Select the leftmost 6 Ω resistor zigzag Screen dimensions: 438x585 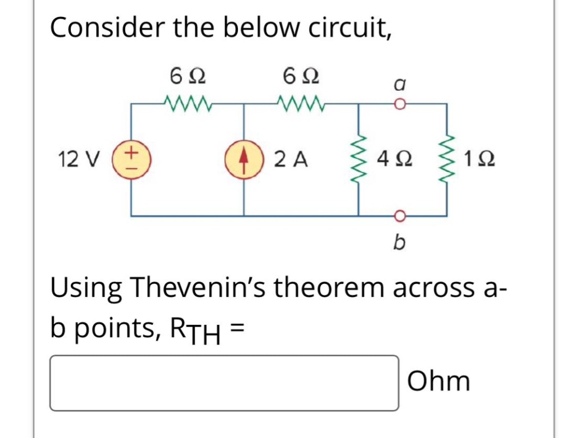tap(184, 102)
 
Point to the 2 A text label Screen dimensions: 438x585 tap(292, 160)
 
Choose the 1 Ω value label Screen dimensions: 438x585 tap(480, 160)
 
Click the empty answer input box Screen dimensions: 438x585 tap(224, 383)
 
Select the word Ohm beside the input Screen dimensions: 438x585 tap(439, 381)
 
